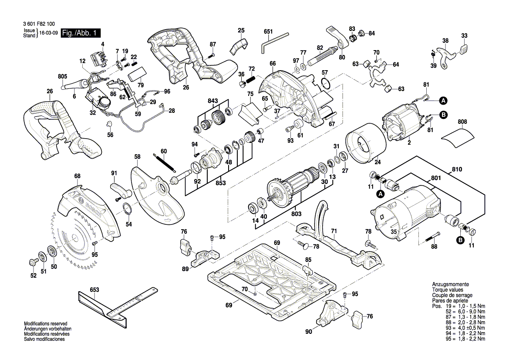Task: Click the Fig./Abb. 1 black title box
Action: [x=81, y=33]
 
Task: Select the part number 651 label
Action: [x=268, y=31]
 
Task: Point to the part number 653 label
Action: [x=94, y=290]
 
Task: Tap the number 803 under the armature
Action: [x=296, y=214]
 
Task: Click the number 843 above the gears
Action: [x=213, y=101]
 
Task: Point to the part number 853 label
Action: [x=221, y=183]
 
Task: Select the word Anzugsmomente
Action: [x=450, y=284]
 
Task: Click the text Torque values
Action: [x=448, y=290]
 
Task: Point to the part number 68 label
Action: [x=77, y=176]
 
